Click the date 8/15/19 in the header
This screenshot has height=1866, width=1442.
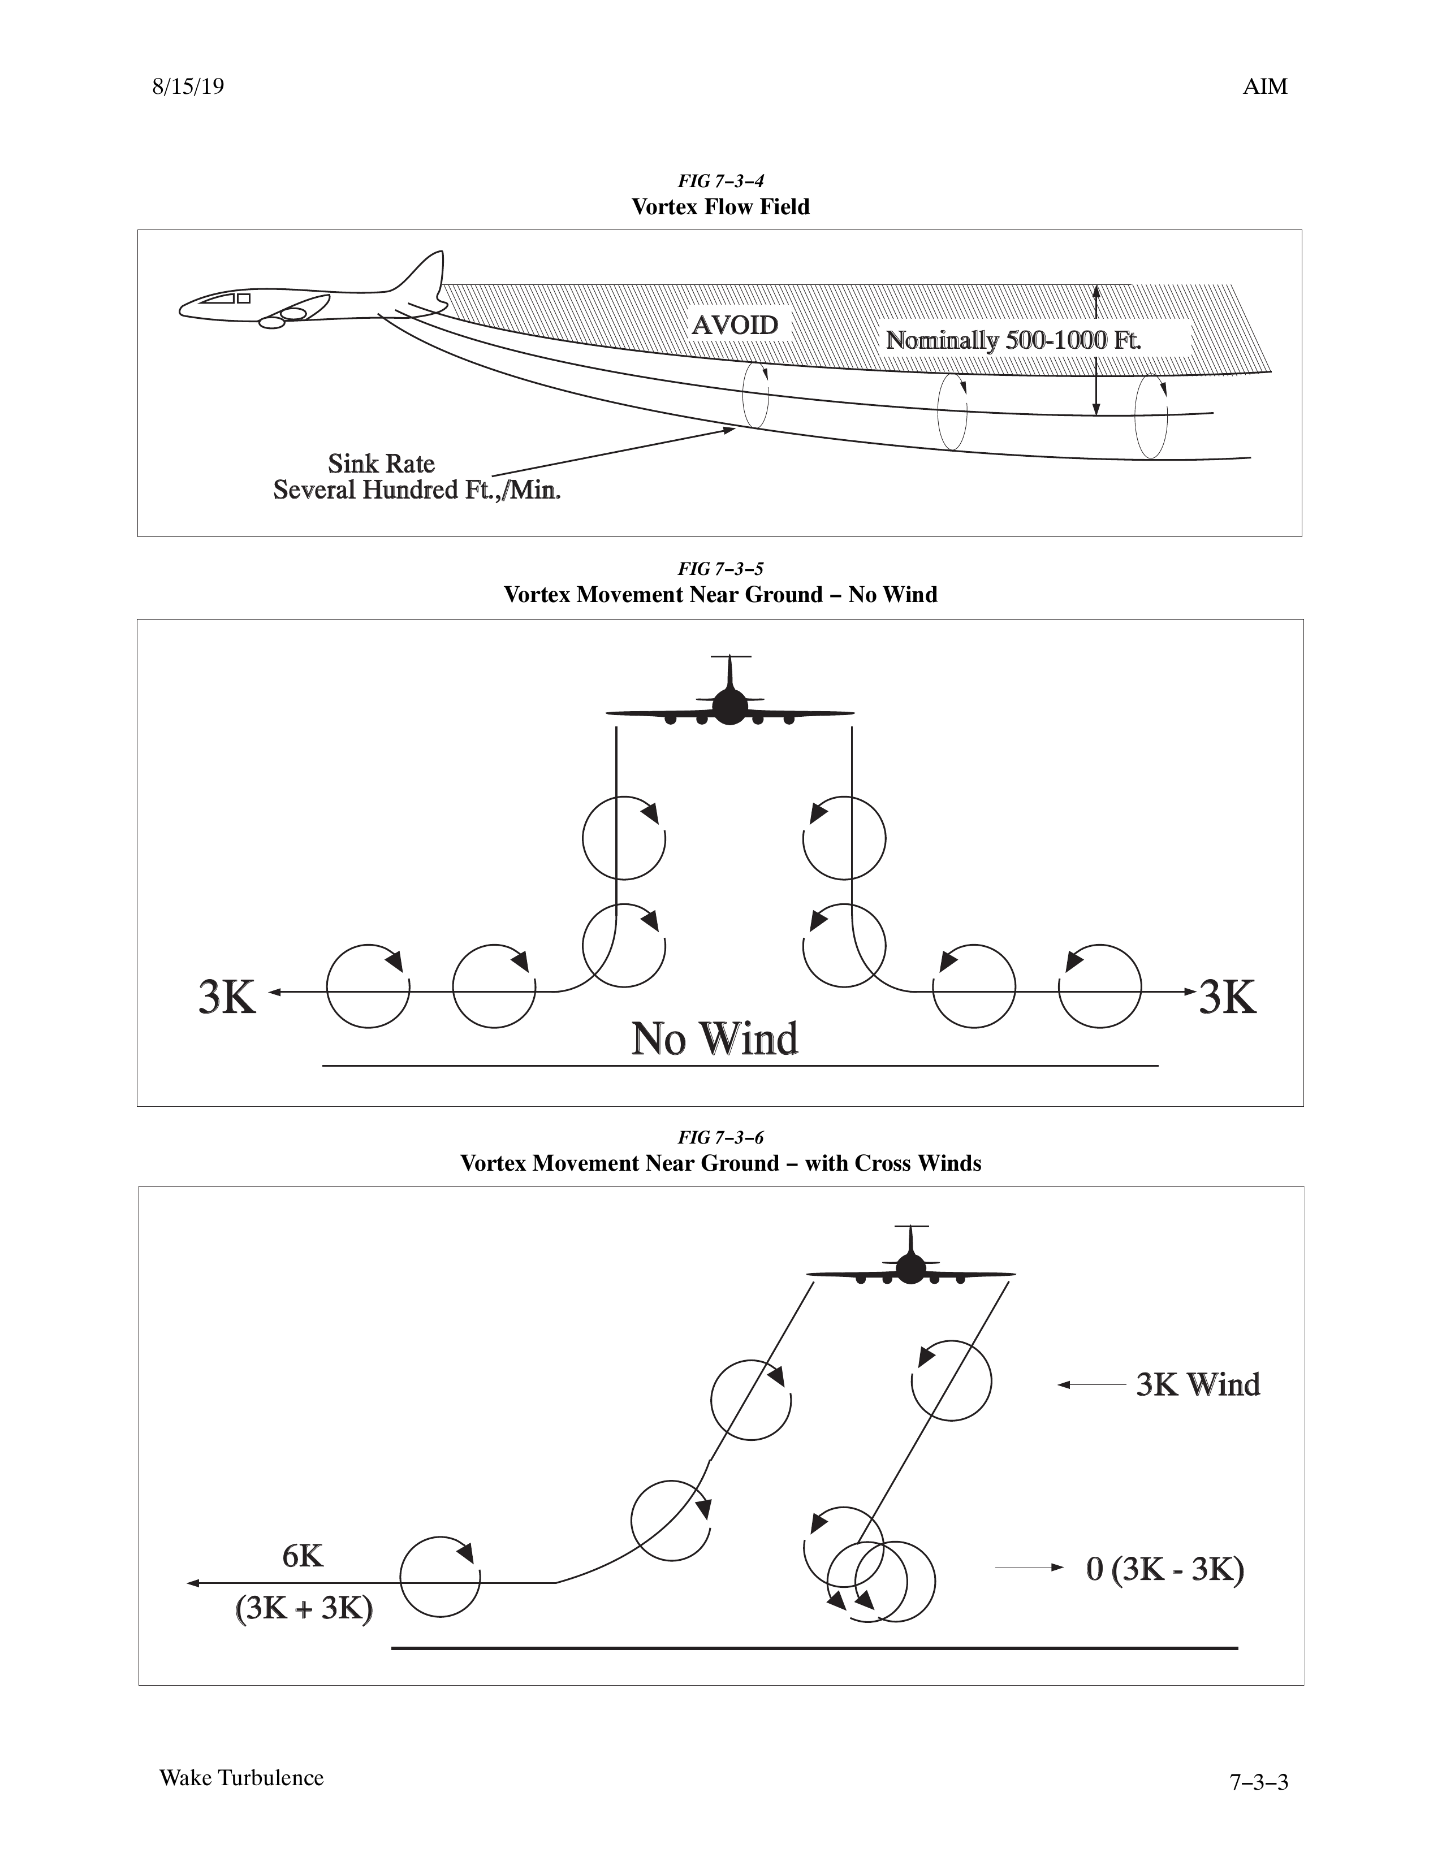[188, 87]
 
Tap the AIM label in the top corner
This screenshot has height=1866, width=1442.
[1265, 87]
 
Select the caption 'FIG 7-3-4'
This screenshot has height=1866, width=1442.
[720, 181]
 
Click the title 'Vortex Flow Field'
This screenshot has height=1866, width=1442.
[720, 207]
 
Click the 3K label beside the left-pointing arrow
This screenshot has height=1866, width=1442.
[227, 997]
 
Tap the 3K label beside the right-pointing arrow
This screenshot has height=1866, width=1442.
[1228, 997]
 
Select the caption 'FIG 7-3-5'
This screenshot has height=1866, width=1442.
[720, 569]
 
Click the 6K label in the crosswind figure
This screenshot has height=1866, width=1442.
[303, 1557]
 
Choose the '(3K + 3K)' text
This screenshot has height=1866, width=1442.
[304, 1609]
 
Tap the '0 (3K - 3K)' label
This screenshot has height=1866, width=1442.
[1165, 1570]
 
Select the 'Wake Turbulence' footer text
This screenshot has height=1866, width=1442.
[242, 1778]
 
